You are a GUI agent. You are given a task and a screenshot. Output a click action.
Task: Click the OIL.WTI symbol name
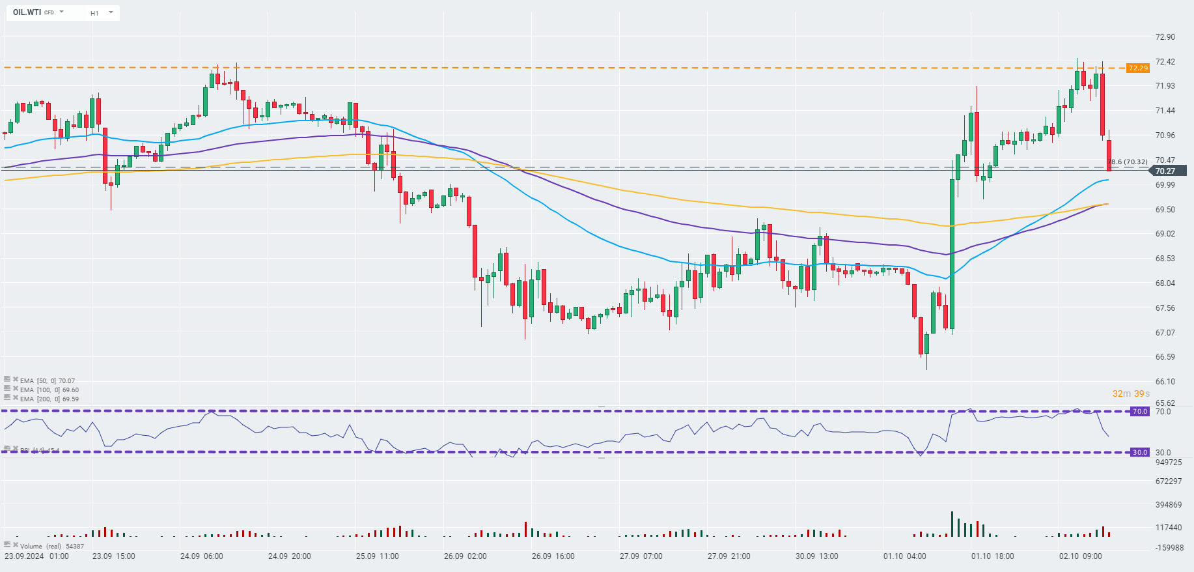(27, 12)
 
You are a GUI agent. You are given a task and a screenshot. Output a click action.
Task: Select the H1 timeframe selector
(94, 13)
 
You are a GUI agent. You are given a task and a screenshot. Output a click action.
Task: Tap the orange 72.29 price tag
(1138, 68)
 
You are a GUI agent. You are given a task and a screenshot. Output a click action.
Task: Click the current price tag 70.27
(1165, 171)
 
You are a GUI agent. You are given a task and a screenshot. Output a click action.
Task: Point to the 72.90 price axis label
(1165, 37)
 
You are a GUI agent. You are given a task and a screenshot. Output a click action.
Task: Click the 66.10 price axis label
(1165, 382)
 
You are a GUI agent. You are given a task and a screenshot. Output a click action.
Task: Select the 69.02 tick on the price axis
(1165, 234)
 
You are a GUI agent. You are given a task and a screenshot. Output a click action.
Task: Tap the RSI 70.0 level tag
(1140, 412)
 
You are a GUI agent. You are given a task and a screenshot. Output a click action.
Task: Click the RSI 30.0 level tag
(1140, 453)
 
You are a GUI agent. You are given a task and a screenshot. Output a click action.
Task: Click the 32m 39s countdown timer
(1131, 393)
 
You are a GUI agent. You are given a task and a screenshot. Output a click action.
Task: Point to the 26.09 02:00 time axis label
(465, 556)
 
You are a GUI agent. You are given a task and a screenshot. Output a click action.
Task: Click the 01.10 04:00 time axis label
(904, 556)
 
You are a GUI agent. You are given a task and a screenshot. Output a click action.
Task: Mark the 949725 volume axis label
(1169, 463)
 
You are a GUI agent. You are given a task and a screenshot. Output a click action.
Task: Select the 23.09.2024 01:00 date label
(36, 556)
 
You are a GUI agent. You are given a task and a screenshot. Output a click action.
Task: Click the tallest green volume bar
(952, 524)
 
